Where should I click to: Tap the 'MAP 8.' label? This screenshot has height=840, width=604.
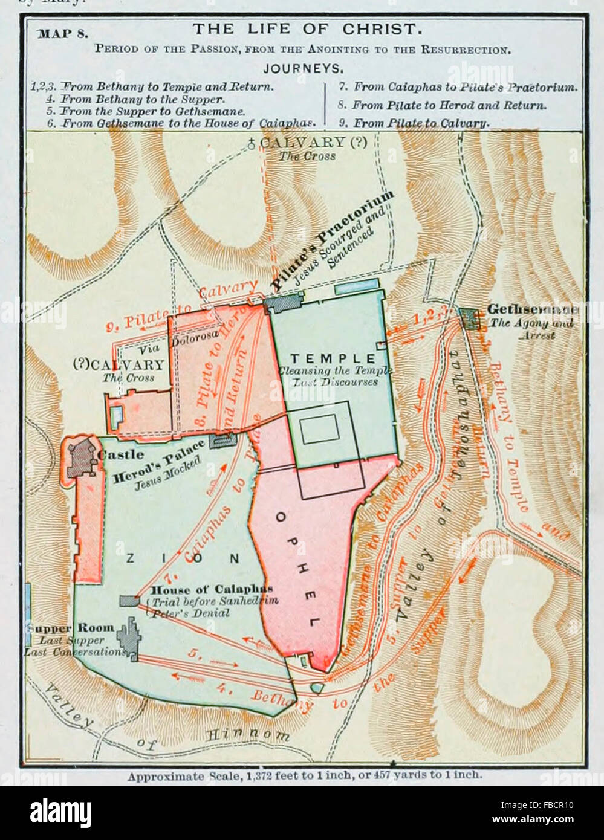[x=63, y=33]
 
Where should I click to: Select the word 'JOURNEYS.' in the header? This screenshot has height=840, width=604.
[x=303, y=69]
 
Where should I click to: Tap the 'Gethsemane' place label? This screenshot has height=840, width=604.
[x=532, y=310]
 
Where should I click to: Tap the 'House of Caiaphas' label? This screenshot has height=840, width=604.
[x=212, y=589]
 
